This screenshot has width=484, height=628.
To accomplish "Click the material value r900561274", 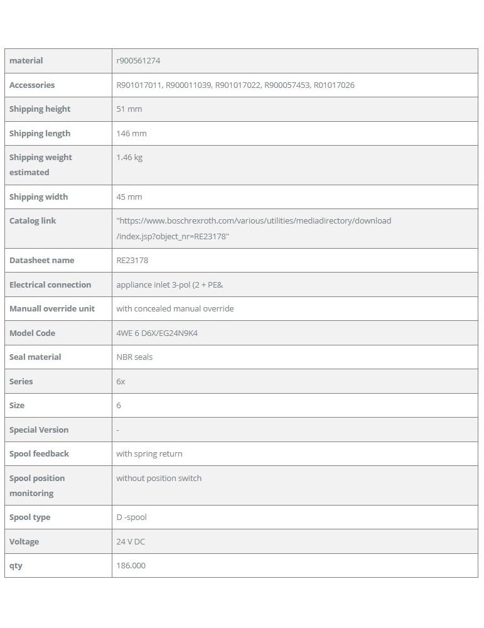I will tap(143, 61).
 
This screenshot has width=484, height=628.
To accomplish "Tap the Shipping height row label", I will tap(40, 109).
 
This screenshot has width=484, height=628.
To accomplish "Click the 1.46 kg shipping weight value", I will tap(129, 158).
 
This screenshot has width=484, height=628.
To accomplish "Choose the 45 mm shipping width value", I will tap(129, 197).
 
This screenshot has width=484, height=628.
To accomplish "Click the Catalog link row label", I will tap(33, 221).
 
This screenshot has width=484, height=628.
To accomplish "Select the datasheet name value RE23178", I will tap(132, 261).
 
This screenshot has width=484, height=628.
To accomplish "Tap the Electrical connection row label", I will tap(50, 285).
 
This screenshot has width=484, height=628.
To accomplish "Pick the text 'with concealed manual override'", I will tap(175, 309).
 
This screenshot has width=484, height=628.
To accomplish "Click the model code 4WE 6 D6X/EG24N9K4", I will tap(157, 333).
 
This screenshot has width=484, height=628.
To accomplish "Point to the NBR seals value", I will tap(134, 357).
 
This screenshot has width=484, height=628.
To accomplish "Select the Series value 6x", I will tap(121, 382).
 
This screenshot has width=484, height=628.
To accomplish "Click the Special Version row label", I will tap(39, 430).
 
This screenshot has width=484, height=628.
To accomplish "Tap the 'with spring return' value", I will tap(149, 454).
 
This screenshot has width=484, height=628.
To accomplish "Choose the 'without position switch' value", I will tap(159, 479).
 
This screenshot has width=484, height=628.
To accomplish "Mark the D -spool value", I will tap(131, 517).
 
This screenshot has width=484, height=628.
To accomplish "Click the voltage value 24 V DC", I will tap(131, 542).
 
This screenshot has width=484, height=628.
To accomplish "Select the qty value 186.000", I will tap(131, 566).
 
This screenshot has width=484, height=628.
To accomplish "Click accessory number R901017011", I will tap(139, 85).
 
